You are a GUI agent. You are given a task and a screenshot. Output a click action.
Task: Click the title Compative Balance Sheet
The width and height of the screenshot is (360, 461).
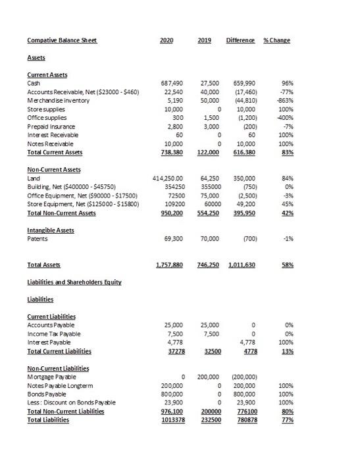pyautogui.click(x=62, y=40)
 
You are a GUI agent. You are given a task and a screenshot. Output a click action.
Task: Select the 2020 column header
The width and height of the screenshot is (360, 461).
pyautogui.click(x=167, y=40)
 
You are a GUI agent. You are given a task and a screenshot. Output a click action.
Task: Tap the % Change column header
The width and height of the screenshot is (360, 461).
pyautogui.click(x=276, y=40)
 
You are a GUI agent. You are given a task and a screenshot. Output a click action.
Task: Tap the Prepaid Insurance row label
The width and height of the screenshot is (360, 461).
pyautogui.click(x=51, y=126)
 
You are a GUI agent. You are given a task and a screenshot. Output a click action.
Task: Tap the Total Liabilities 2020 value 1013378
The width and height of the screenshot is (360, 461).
pyautogui.click(x=172, y=420)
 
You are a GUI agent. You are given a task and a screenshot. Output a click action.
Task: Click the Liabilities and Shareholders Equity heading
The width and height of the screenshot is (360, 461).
pyautogui.click(x=74, y=282)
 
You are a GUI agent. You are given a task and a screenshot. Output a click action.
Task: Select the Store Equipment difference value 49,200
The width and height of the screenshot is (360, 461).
pyautogui.click(x=245, y=203)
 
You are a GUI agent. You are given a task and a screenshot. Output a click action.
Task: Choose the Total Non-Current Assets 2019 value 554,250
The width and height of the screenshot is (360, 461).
pyautogui.click(x=207, y=212)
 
